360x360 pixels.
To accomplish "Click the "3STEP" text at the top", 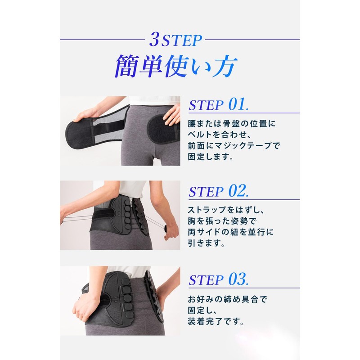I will [x=180, y=41].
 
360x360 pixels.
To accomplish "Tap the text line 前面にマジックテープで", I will [x=236, y=146].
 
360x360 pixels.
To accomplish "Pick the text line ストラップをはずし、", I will [x=229, y=209].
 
